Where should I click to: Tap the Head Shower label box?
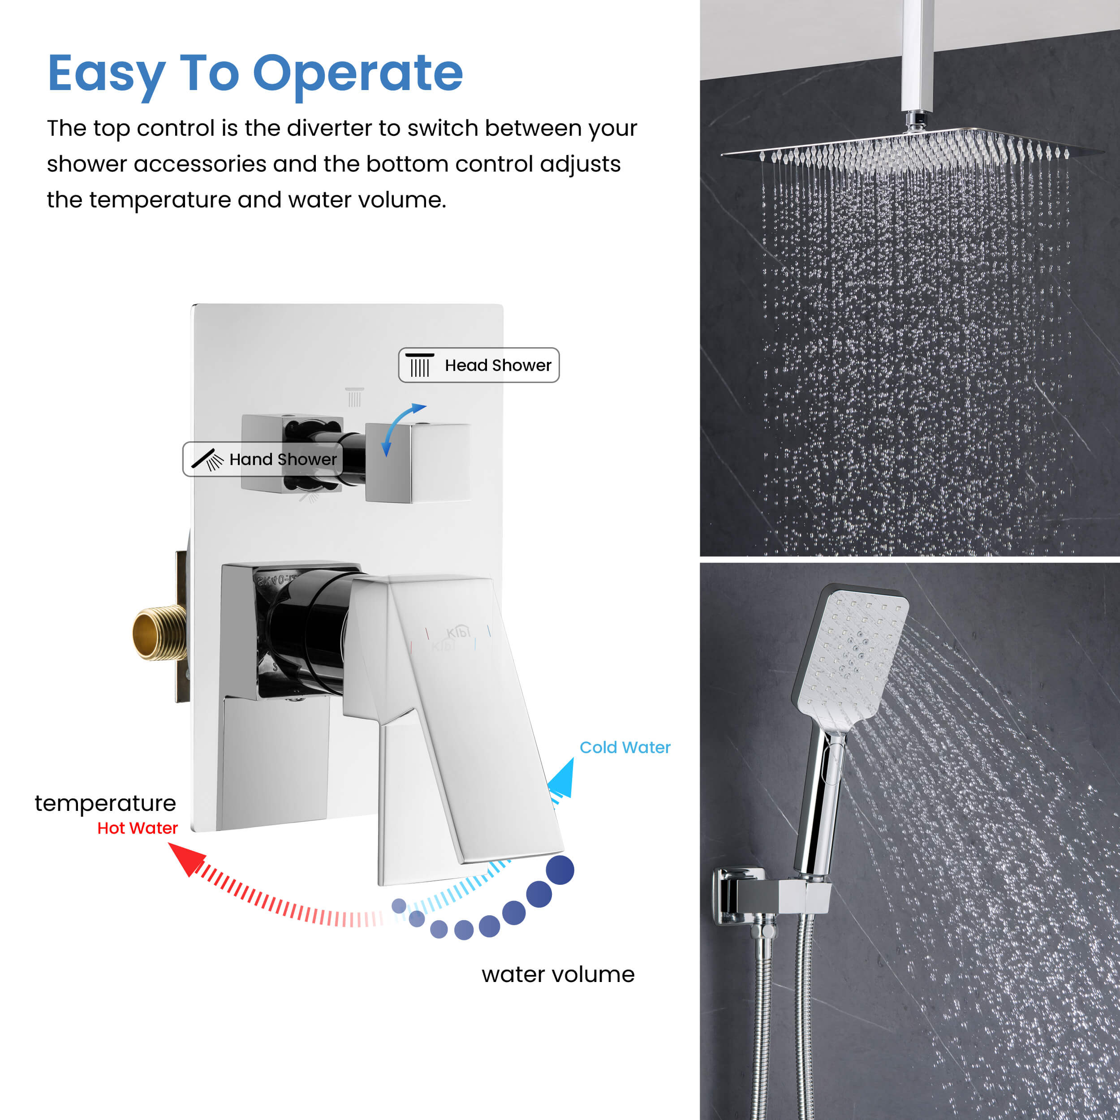tap(479, 365)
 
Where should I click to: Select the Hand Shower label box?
tap(263, 459)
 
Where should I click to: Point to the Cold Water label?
tap(625, 747)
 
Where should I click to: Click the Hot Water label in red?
tap(138, 828)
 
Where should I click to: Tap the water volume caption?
tap(558, 974)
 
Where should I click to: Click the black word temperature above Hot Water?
tap(105, 803)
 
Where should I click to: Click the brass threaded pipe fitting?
tap(159, 633)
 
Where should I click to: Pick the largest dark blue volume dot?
tap(560, 870)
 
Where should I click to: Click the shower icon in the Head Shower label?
tap(420, 365)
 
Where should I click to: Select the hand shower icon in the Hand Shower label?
tap(207, 459)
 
